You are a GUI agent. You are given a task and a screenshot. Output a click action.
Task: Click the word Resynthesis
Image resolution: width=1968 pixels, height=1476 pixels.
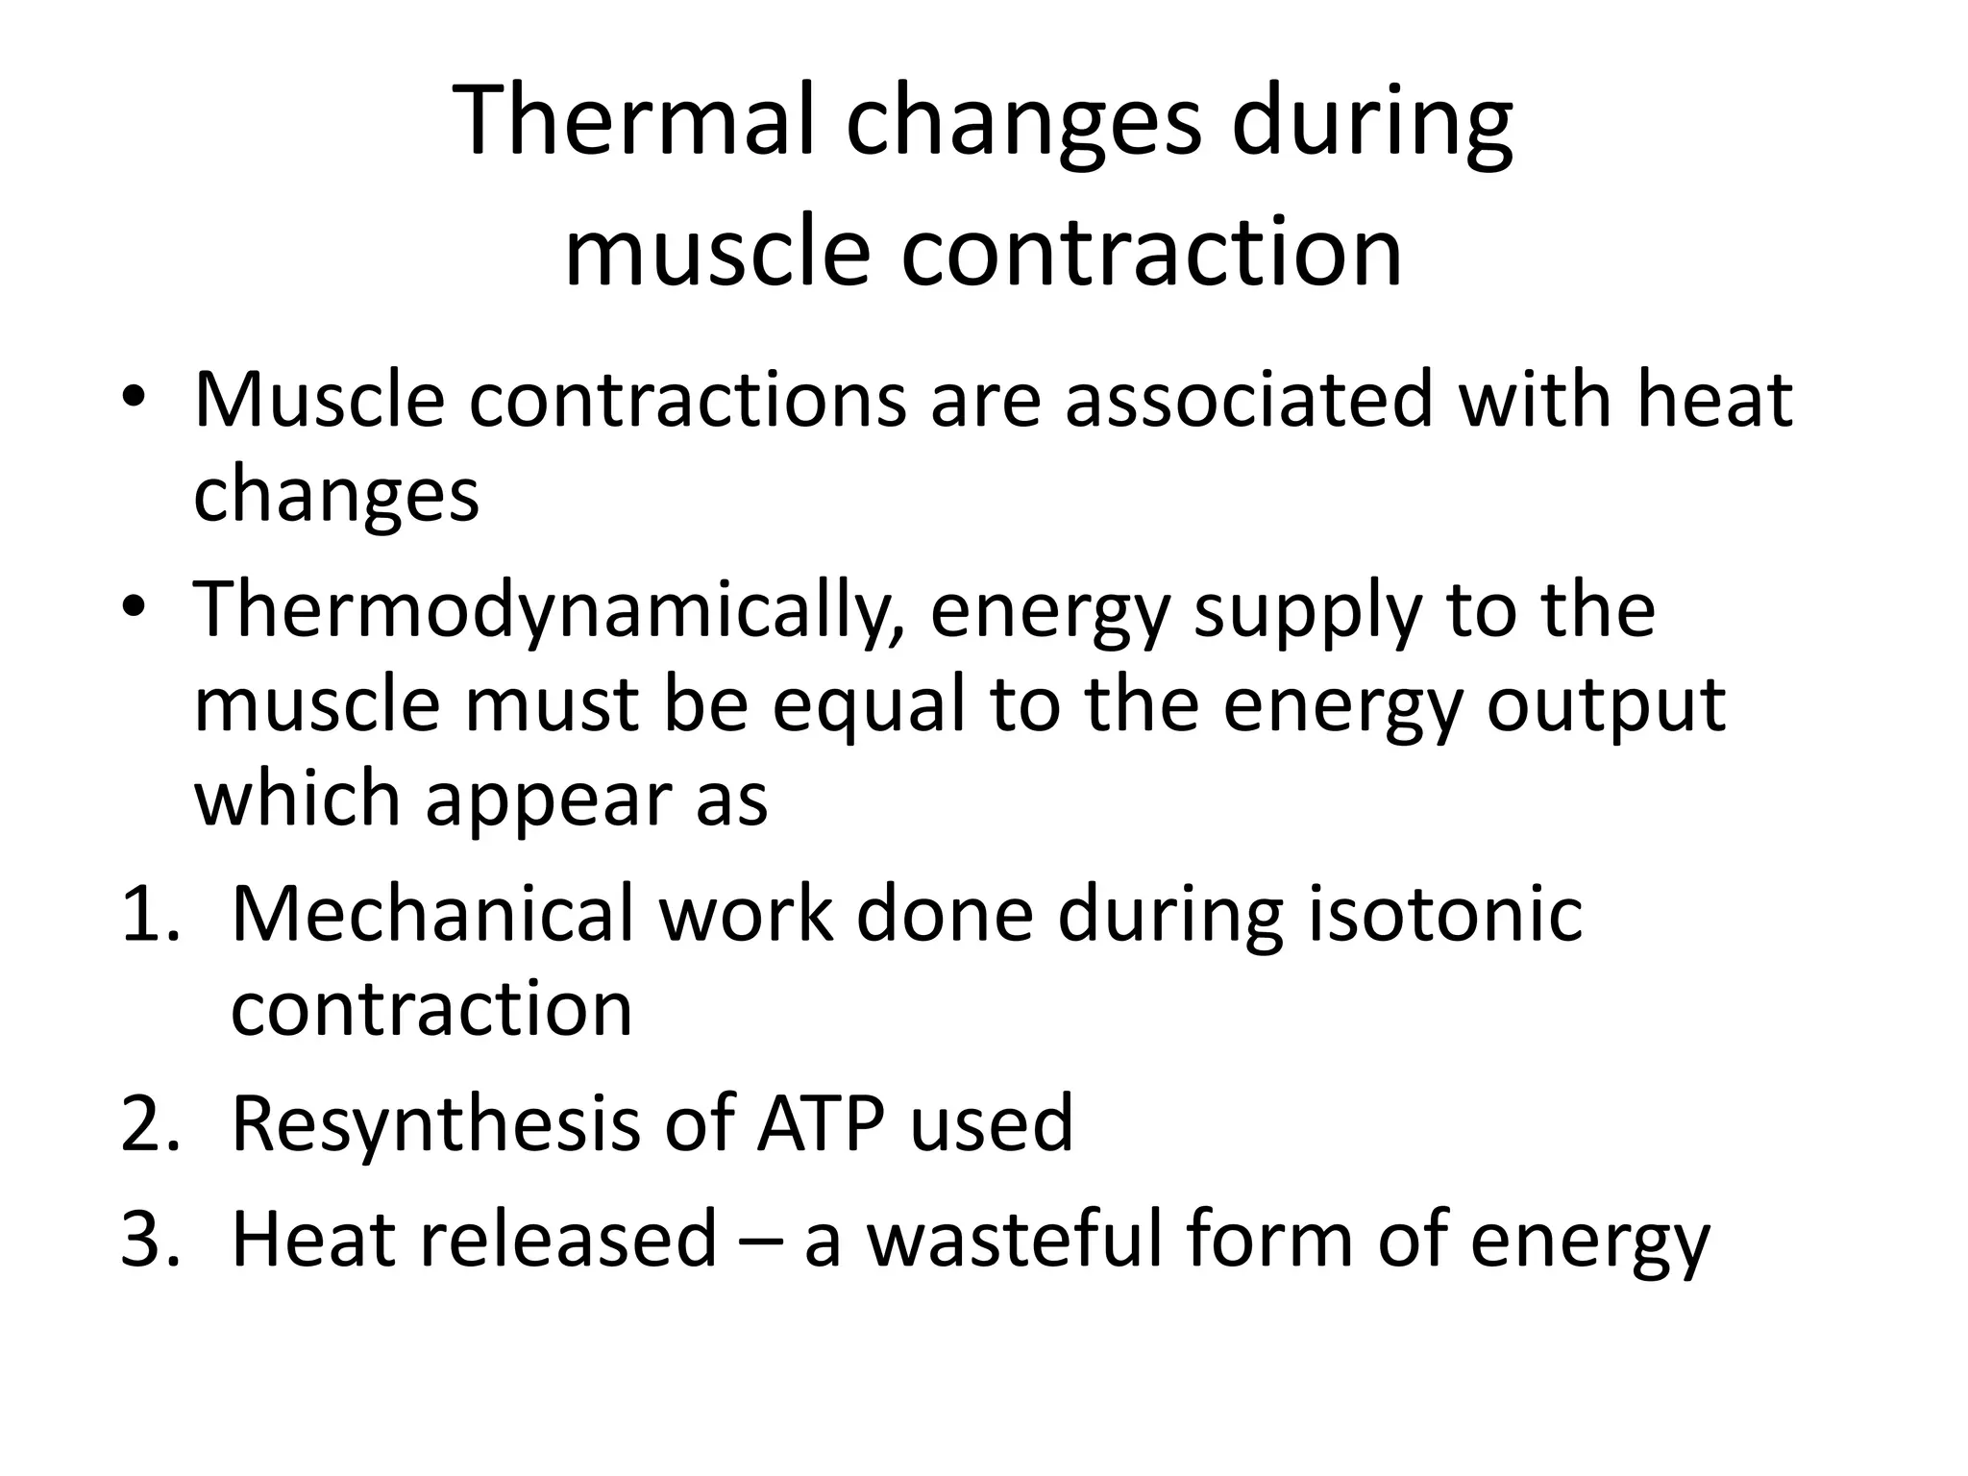tap(435, 1125)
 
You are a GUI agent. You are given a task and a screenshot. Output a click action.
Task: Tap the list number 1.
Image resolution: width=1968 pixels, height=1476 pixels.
tap(149, 914)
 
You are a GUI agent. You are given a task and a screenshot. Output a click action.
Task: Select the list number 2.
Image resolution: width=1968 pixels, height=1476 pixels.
tap(149, 1124)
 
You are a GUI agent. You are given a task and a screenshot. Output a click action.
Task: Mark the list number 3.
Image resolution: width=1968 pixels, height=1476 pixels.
tap(149, 1241)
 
